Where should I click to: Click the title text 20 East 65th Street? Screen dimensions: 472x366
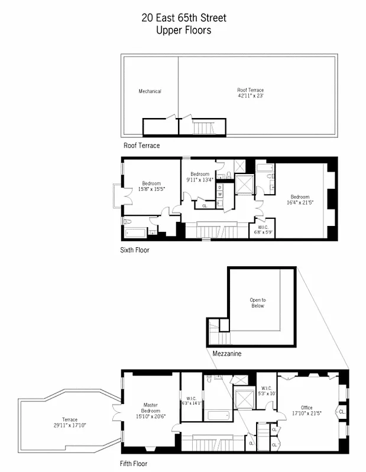183,18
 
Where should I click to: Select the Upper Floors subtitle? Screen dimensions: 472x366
183,31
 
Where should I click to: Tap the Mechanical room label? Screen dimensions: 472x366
150,91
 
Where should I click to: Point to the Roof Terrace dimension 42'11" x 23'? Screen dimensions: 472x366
250,93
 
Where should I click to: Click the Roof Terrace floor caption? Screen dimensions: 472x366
141,146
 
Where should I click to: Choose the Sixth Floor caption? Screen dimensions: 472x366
135,250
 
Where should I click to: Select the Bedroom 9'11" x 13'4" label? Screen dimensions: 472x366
200,176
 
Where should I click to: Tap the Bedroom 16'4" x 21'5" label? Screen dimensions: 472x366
299,199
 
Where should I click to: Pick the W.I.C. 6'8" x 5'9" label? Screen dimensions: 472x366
263,229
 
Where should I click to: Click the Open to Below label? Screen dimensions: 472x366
257,303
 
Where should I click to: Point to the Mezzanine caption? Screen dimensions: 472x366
227,354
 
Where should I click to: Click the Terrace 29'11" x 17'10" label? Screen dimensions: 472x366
70,422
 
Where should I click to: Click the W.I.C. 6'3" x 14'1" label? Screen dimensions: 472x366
192,401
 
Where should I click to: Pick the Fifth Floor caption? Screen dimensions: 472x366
134,464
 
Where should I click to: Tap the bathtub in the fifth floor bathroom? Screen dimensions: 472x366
219,415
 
